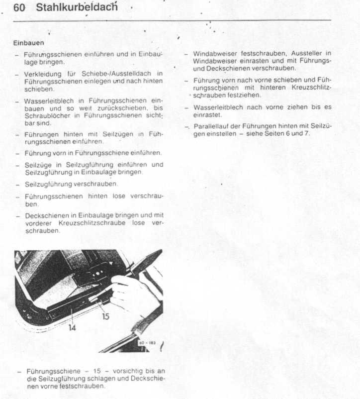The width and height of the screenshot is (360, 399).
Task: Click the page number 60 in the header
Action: point(19,8)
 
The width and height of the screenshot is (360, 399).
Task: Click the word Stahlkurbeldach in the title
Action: point(77,8)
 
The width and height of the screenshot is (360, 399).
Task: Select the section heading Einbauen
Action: point(29,43)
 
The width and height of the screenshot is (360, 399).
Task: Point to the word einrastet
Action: point(207,114)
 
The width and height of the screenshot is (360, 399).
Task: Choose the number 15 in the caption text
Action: point(97,371)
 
